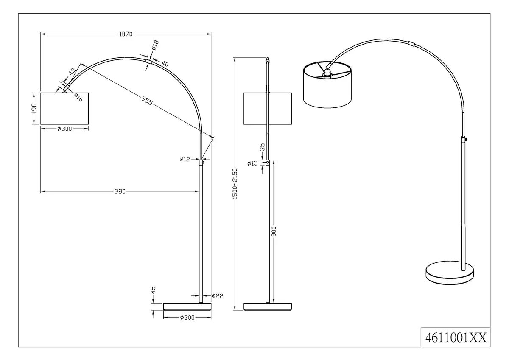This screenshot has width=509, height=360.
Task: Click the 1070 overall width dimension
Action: (x=126, y=34)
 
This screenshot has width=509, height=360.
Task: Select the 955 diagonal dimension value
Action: (x=147, y=101)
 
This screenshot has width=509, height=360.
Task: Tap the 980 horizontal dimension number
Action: (x=120, y=191)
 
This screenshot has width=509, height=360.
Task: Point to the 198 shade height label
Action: (x=34, y=109)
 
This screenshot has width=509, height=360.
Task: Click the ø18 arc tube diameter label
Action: (x=155, y=45)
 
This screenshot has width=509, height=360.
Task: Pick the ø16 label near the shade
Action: (x=78, y=98)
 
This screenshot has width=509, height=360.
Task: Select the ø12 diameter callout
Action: (x=185, y=159)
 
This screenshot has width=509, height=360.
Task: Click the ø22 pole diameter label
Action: (x=218, y=296)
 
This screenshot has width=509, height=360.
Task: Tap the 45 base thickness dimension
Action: (x=154, y=290)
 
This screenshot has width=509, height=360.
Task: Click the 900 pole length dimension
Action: (x=274, y=231)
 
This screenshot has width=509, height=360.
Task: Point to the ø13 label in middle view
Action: (x=252, y=163)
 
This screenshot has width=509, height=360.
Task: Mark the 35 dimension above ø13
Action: (x=262, y=147)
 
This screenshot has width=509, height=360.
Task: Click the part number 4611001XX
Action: (x=456, y=338)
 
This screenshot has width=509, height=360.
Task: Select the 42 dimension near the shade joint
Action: (x=72, y=72)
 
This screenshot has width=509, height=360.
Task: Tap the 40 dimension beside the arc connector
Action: (x=165, y=63)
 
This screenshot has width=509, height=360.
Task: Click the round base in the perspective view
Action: (x=450, y=273)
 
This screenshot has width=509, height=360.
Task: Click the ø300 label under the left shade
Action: (x=64, y=129)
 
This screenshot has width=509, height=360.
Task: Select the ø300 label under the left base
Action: (x=187, y=318)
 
